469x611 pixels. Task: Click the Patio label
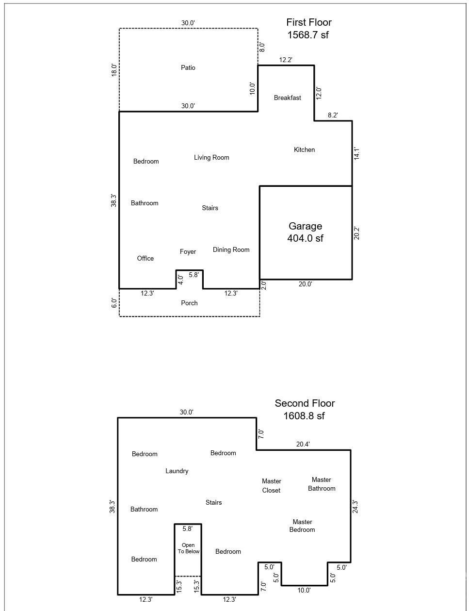pos(188,67)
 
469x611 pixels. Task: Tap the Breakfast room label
pos(287,98)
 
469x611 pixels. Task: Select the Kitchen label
pos(304,149)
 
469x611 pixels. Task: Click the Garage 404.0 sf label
pos(305,232)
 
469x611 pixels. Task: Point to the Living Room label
pos(211,157)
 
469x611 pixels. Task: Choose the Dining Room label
pos(231,249)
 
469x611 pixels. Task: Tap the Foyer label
pos(188,251)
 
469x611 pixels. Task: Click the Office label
pos(145,258)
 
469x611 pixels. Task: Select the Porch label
pos(189,303)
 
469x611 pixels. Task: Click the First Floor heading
pos(308,22)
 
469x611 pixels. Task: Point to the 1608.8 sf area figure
pos(304,416)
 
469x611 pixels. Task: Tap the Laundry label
pos(177,471)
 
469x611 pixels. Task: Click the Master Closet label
pos(271,485)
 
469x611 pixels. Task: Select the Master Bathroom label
pos(321,484)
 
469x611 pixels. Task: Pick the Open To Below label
pos(188,548)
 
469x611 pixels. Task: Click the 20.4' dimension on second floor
pos(303,444)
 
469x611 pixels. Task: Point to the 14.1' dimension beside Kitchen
pos(357,153)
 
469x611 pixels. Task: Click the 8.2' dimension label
pos(333,115)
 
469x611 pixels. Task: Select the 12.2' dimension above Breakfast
pos(286,60)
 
